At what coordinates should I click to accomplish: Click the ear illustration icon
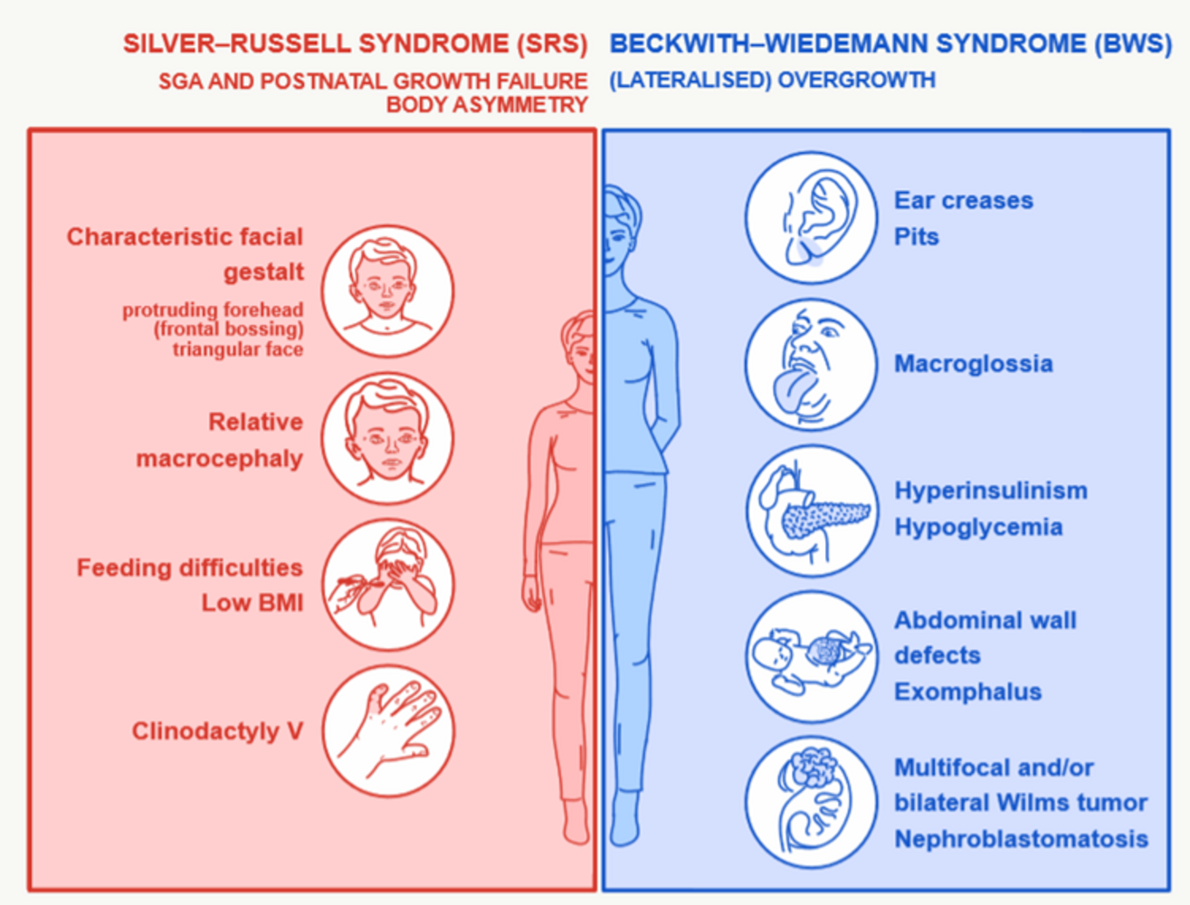coord(811,217)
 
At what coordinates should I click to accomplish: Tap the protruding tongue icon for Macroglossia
coord(811,365)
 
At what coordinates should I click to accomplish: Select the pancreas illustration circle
coord(811,511)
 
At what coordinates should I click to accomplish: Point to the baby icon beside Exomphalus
coord(811,657)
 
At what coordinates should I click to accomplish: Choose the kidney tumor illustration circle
coord(811,802)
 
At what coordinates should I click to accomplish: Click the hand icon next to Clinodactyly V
coord(388,730)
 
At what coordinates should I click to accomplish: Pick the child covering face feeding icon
coord(388,585)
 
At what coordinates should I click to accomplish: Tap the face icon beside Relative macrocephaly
coord(388,438)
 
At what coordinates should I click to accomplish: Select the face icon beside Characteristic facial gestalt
coord(388,291)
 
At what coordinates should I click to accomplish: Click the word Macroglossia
coord(974,364)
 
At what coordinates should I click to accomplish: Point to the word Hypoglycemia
coord(978,528)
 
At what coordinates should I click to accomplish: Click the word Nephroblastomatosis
coord(1022,839)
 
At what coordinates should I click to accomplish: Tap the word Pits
coord(916,237)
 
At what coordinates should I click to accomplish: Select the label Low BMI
coord(252,603)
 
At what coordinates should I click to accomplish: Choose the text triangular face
coord(238,349)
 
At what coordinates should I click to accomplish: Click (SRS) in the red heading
coord(552,44)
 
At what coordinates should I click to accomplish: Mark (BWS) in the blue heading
coord(1133,44)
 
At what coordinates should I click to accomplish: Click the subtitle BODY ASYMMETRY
coord(487,105)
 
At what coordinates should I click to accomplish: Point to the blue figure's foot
coord(625,821)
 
